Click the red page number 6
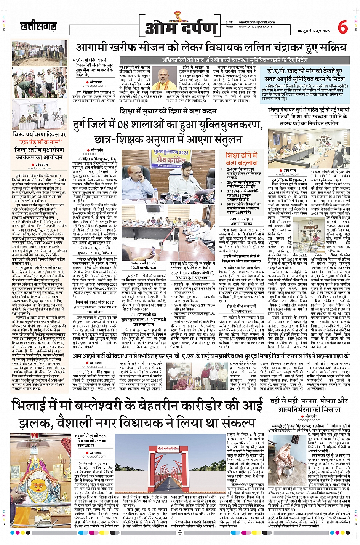click(x=342, y=27)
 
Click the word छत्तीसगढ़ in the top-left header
click(x=38, y=27)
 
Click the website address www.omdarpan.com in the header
click(x=255, y=27)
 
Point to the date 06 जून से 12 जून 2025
click(x=315, y=31)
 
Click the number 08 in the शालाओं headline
click(x=123, y=125)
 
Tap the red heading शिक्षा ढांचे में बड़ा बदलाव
click(x=241, y=159)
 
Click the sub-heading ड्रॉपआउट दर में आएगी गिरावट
click(x=241, y=222)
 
